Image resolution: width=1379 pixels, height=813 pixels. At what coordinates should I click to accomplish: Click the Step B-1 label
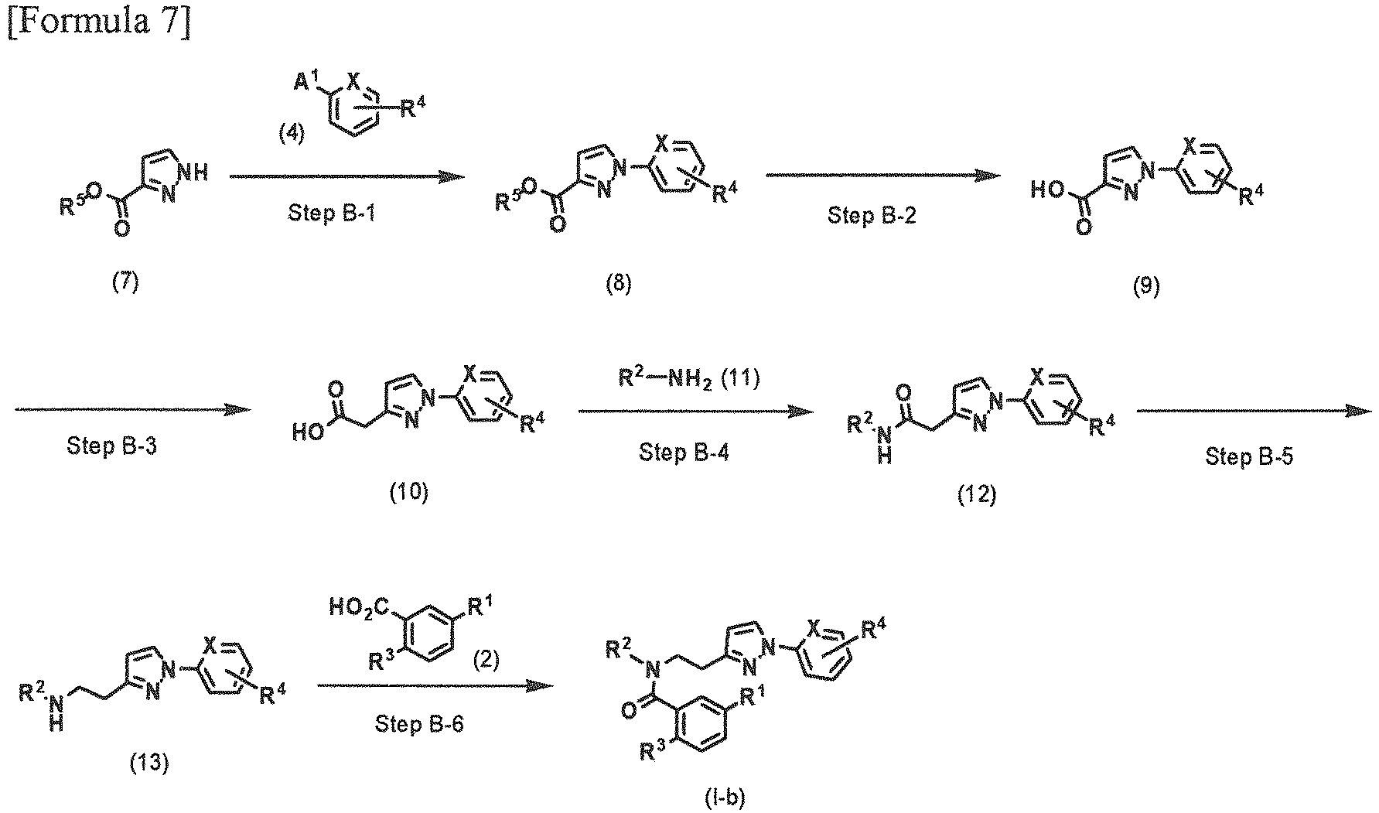(333, 213)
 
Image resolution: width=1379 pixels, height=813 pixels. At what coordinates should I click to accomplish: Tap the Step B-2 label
(872, 215)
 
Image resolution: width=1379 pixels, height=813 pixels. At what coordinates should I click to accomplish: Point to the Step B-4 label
(684, 452)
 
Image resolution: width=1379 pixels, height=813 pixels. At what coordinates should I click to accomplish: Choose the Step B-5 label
(1249, 457)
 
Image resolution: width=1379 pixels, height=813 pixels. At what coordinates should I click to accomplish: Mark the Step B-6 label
(419, 725)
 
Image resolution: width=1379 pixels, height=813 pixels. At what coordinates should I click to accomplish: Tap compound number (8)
(619, 284)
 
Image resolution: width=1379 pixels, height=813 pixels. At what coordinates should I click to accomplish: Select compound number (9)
(1146, 287)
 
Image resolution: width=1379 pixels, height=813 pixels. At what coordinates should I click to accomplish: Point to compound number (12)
(976, 494)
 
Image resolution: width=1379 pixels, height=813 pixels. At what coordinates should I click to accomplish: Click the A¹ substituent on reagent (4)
(307, 78)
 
